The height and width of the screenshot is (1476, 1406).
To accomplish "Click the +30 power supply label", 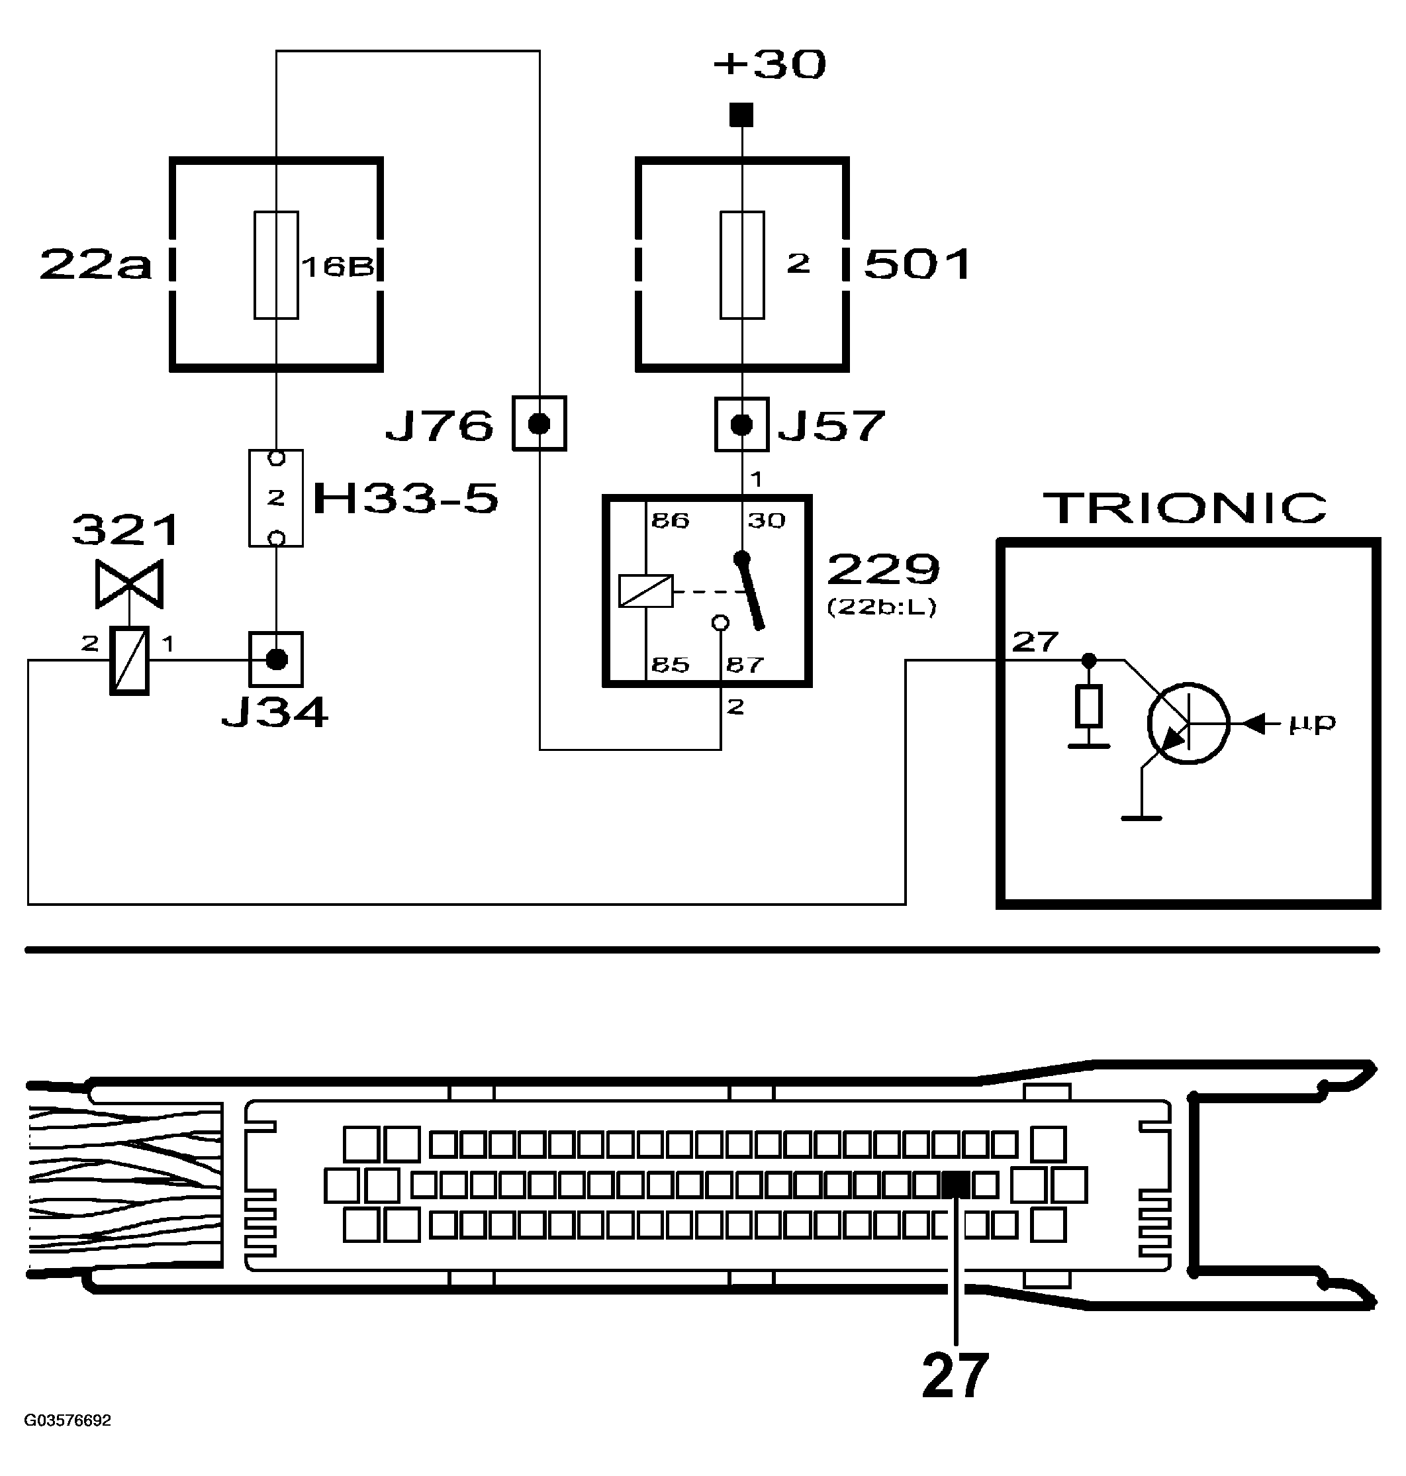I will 769,64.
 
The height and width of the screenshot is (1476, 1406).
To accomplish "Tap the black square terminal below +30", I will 741,115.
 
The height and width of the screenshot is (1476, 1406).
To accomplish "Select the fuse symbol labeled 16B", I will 276,265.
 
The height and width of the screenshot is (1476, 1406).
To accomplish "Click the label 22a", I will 95,266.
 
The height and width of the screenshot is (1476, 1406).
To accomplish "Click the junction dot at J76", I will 539,424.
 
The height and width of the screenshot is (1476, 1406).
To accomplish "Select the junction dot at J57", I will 741,425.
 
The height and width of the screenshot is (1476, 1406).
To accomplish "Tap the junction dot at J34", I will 277,659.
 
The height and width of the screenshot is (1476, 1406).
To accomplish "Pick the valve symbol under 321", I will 129,584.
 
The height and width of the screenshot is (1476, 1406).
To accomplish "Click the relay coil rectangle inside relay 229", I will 645,591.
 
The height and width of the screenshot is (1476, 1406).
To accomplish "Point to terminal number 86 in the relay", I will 669,520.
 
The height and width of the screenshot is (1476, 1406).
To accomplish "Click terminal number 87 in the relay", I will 743,664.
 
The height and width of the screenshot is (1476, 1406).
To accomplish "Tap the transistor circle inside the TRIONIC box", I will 1188,723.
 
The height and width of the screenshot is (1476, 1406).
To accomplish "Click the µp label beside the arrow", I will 1311,722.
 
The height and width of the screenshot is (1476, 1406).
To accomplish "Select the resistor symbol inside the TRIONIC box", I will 1088,706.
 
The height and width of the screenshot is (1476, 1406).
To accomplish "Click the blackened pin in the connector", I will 955,1185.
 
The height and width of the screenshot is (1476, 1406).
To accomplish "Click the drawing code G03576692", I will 68,1420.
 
